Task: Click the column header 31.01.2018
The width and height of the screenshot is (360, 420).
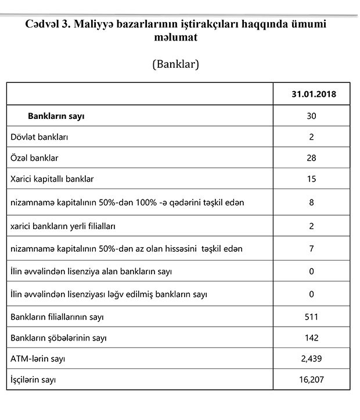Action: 311,93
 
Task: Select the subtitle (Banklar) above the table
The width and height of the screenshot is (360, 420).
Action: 175,64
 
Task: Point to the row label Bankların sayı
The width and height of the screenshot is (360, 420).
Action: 56,116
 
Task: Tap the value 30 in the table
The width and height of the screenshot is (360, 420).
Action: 311,116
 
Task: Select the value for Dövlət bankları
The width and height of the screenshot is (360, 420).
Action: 311,137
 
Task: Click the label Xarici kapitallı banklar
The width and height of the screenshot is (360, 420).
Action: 52,179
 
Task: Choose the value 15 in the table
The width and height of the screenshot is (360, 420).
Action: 311,179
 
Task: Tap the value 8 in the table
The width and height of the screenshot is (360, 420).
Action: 311,202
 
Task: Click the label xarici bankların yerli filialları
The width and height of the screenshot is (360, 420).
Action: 67,226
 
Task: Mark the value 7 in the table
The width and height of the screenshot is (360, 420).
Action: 311,249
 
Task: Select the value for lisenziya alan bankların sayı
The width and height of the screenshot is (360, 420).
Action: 311,271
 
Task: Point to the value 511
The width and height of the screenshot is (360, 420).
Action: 311,317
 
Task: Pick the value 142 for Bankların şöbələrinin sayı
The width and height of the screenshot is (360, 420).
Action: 311,338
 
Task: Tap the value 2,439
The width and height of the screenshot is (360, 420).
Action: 311,359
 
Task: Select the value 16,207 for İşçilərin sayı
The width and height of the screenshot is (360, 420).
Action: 311,380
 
